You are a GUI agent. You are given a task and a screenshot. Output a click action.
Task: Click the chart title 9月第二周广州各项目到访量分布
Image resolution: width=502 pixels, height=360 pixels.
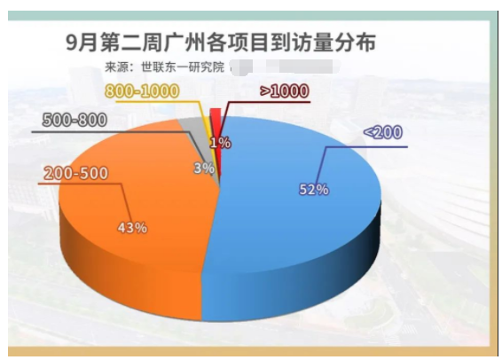(220, 41)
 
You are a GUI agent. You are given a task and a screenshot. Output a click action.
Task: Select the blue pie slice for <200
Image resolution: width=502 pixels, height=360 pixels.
(293, 168)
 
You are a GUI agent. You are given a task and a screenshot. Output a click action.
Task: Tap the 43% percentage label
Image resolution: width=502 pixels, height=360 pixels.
(132, 227)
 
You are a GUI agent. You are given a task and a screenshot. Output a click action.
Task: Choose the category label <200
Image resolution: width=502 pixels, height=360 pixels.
(382, 132)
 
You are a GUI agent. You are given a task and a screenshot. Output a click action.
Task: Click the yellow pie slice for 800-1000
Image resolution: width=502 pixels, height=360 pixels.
(208, 124)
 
